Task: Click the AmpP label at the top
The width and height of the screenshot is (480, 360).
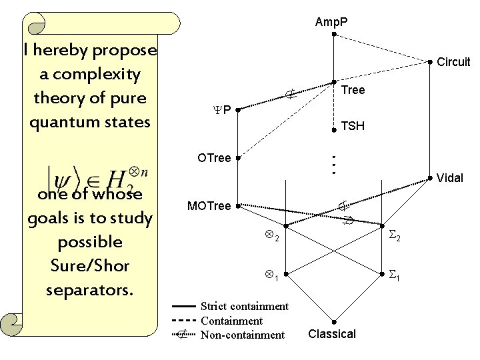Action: tap(331, 23)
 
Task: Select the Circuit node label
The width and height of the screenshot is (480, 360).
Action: tap(453, 62)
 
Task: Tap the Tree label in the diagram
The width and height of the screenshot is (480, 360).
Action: tap(353, 90)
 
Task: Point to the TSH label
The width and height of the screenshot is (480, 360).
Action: tap(353, 125)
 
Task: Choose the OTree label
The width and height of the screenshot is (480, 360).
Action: tap(214, 158)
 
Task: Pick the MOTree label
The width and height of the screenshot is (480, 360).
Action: tap(209, 206)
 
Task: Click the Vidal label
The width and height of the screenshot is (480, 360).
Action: tap(450, 178)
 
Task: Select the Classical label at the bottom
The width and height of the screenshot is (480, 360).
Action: tap(332, 334)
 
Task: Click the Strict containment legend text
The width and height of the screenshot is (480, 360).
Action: tap(245, 306)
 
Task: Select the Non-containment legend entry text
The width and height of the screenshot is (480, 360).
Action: tap(242, 335)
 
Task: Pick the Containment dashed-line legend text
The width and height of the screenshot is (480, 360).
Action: tap(231, 321)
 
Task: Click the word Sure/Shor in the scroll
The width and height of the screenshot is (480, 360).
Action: tap(90, 266)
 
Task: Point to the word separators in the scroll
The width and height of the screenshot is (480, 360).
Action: tap(90, 290)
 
